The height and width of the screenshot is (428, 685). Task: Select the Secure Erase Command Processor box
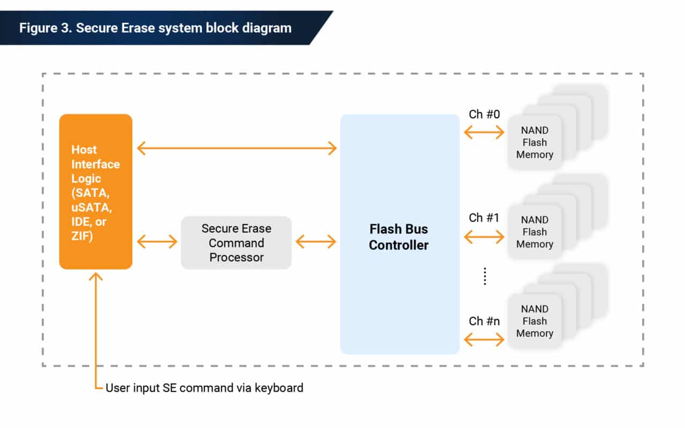236,243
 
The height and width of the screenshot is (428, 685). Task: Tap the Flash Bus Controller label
399,237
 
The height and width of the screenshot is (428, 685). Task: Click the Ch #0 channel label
484,114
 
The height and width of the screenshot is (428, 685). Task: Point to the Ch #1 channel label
484,218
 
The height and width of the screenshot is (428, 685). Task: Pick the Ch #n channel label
484,321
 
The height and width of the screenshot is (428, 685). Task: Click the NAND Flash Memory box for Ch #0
534,142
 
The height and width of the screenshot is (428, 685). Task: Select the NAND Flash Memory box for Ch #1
534,232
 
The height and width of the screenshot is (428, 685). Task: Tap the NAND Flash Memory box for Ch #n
534,321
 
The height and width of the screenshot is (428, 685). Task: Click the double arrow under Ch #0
484,132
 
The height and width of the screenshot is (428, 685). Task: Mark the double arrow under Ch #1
484,236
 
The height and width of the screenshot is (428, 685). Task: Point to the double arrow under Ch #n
484,339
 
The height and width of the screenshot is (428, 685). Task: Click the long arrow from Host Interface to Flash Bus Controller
237,148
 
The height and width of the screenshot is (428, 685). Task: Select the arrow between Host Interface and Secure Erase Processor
157,242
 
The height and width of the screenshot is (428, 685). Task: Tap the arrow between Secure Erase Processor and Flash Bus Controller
316,242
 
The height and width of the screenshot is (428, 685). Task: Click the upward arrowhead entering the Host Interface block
96,277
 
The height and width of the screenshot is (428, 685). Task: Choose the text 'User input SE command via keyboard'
204,387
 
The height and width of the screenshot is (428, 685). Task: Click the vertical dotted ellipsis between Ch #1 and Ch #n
484,277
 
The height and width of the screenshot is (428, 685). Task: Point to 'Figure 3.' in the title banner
45,28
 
